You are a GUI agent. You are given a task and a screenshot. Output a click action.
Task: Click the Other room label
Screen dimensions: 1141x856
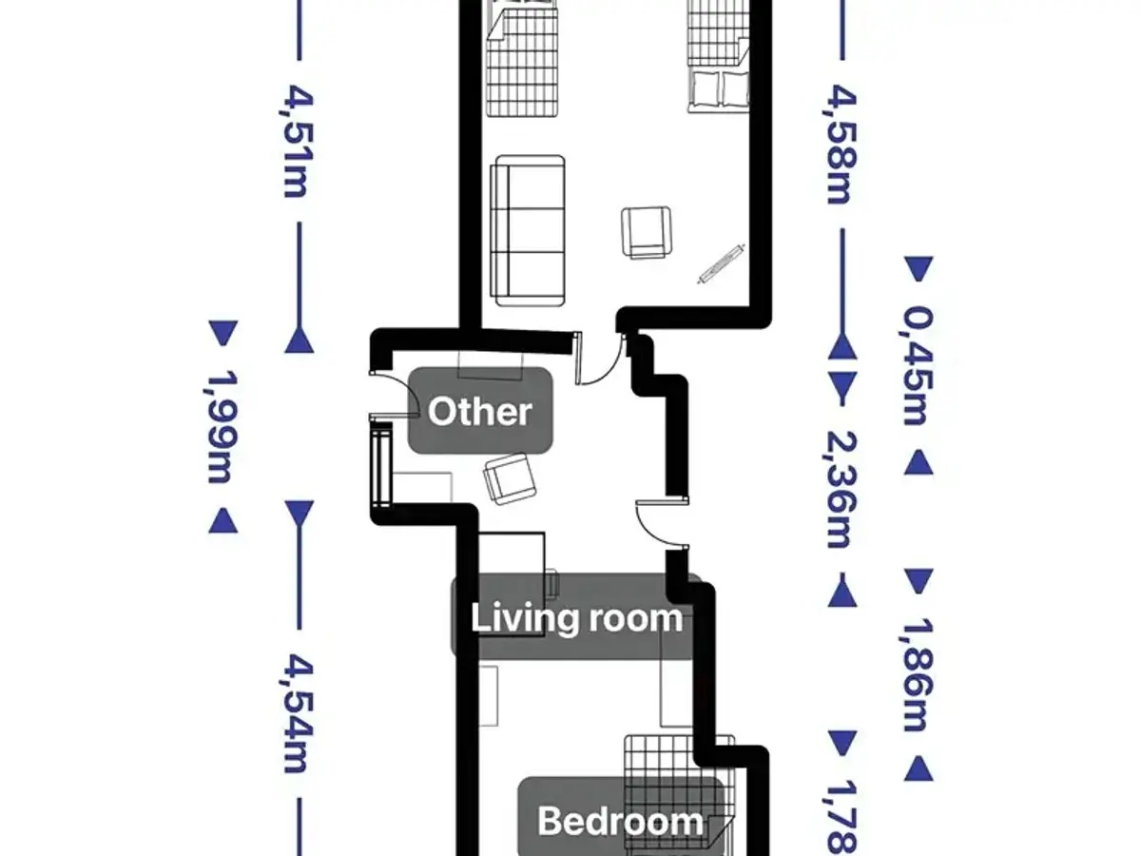coord(480,411)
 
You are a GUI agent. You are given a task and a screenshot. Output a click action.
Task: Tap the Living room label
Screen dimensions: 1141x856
coord(576,618)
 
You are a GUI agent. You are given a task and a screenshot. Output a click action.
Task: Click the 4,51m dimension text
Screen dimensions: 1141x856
coord(299,142)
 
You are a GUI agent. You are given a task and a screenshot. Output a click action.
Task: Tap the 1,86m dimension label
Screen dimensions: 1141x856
coord(918,675)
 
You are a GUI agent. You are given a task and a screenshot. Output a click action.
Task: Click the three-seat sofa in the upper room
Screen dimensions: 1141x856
coord(528,230)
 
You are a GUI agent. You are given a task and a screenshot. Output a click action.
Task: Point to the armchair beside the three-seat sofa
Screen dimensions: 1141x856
coord(647,232)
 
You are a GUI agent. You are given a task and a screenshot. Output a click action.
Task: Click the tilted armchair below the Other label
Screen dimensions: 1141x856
coord(510,478)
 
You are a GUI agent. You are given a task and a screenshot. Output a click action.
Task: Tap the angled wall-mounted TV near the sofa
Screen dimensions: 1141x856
coord(721,263)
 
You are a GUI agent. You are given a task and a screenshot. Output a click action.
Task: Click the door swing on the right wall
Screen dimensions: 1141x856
coord(661,524)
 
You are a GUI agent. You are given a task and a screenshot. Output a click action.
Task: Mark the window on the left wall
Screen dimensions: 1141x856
coord(381,465)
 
